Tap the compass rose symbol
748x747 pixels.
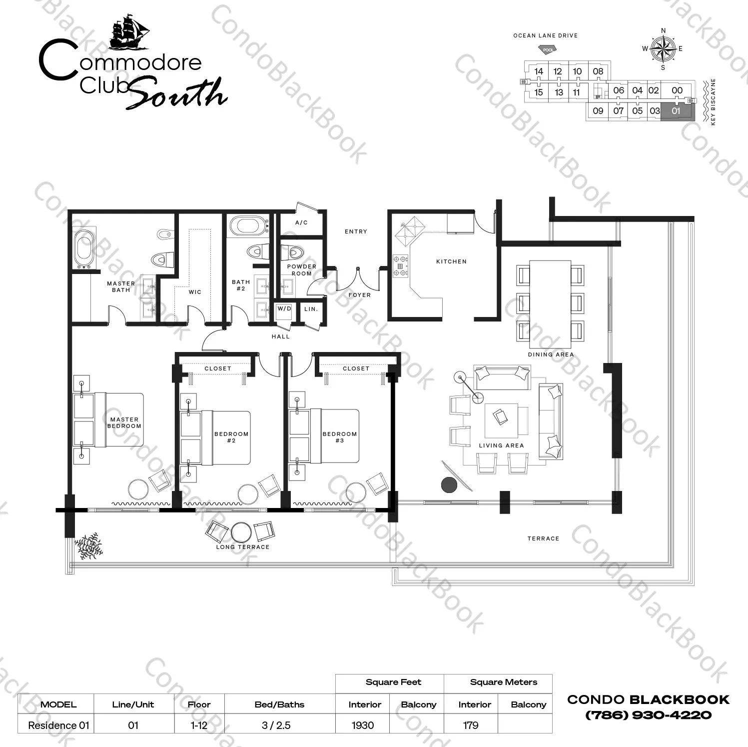point(663,48)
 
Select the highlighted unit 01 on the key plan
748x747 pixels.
point(677,111)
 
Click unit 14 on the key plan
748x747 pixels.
point(538,71)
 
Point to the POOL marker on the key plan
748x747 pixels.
point(548,49)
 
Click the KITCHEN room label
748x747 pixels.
point(451,261)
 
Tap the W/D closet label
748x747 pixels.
point(284,309)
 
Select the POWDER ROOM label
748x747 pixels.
point(302,270)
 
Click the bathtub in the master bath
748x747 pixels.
point(84,248)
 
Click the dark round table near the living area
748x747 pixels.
point(449,484)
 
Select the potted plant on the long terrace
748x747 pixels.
point(88,546)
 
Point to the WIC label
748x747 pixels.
point(195,292)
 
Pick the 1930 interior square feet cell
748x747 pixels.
point(363,725)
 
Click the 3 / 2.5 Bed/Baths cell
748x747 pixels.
point(276,725)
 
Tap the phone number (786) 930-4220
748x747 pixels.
point(648,715)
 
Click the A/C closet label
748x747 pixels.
point(301,222)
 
